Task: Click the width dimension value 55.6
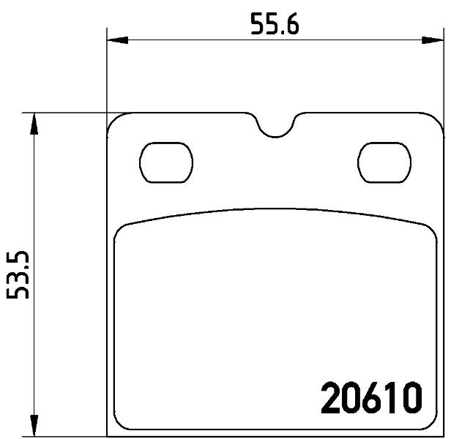275,24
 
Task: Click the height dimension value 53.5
18,275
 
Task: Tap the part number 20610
371,398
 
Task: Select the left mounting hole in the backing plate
166,162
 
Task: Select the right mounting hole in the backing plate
384,162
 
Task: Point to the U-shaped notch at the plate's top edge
275,135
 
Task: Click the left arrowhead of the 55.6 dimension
117,40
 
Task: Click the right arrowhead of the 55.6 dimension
433,40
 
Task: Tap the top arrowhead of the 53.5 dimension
34,124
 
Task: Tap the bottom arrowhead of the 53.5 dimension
34,426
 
